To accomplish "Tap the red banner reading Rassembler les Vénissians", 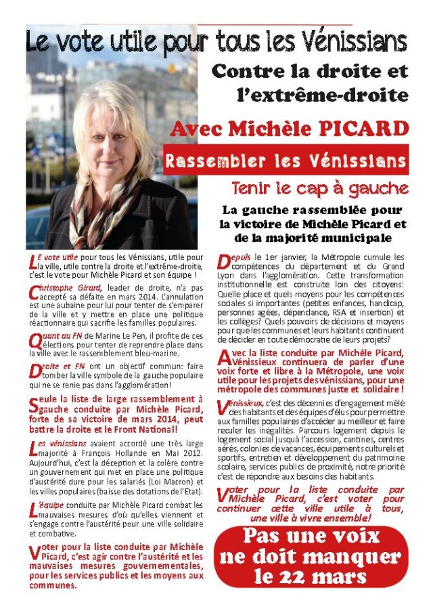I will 285,161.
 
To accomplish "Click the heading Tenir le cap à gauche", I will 319,188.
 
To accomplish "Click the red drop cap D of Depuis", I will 225,261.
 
